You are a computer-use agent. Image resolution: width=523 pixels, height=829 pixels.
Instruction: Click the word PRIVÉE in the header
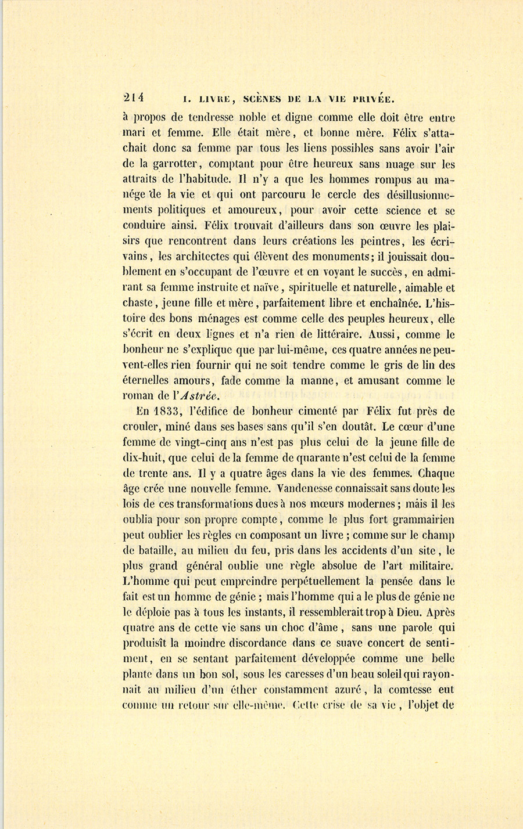(370, 98)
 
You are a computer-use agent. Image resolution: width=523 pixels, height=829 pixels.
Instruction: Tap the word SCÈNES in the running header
(263, 98)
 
